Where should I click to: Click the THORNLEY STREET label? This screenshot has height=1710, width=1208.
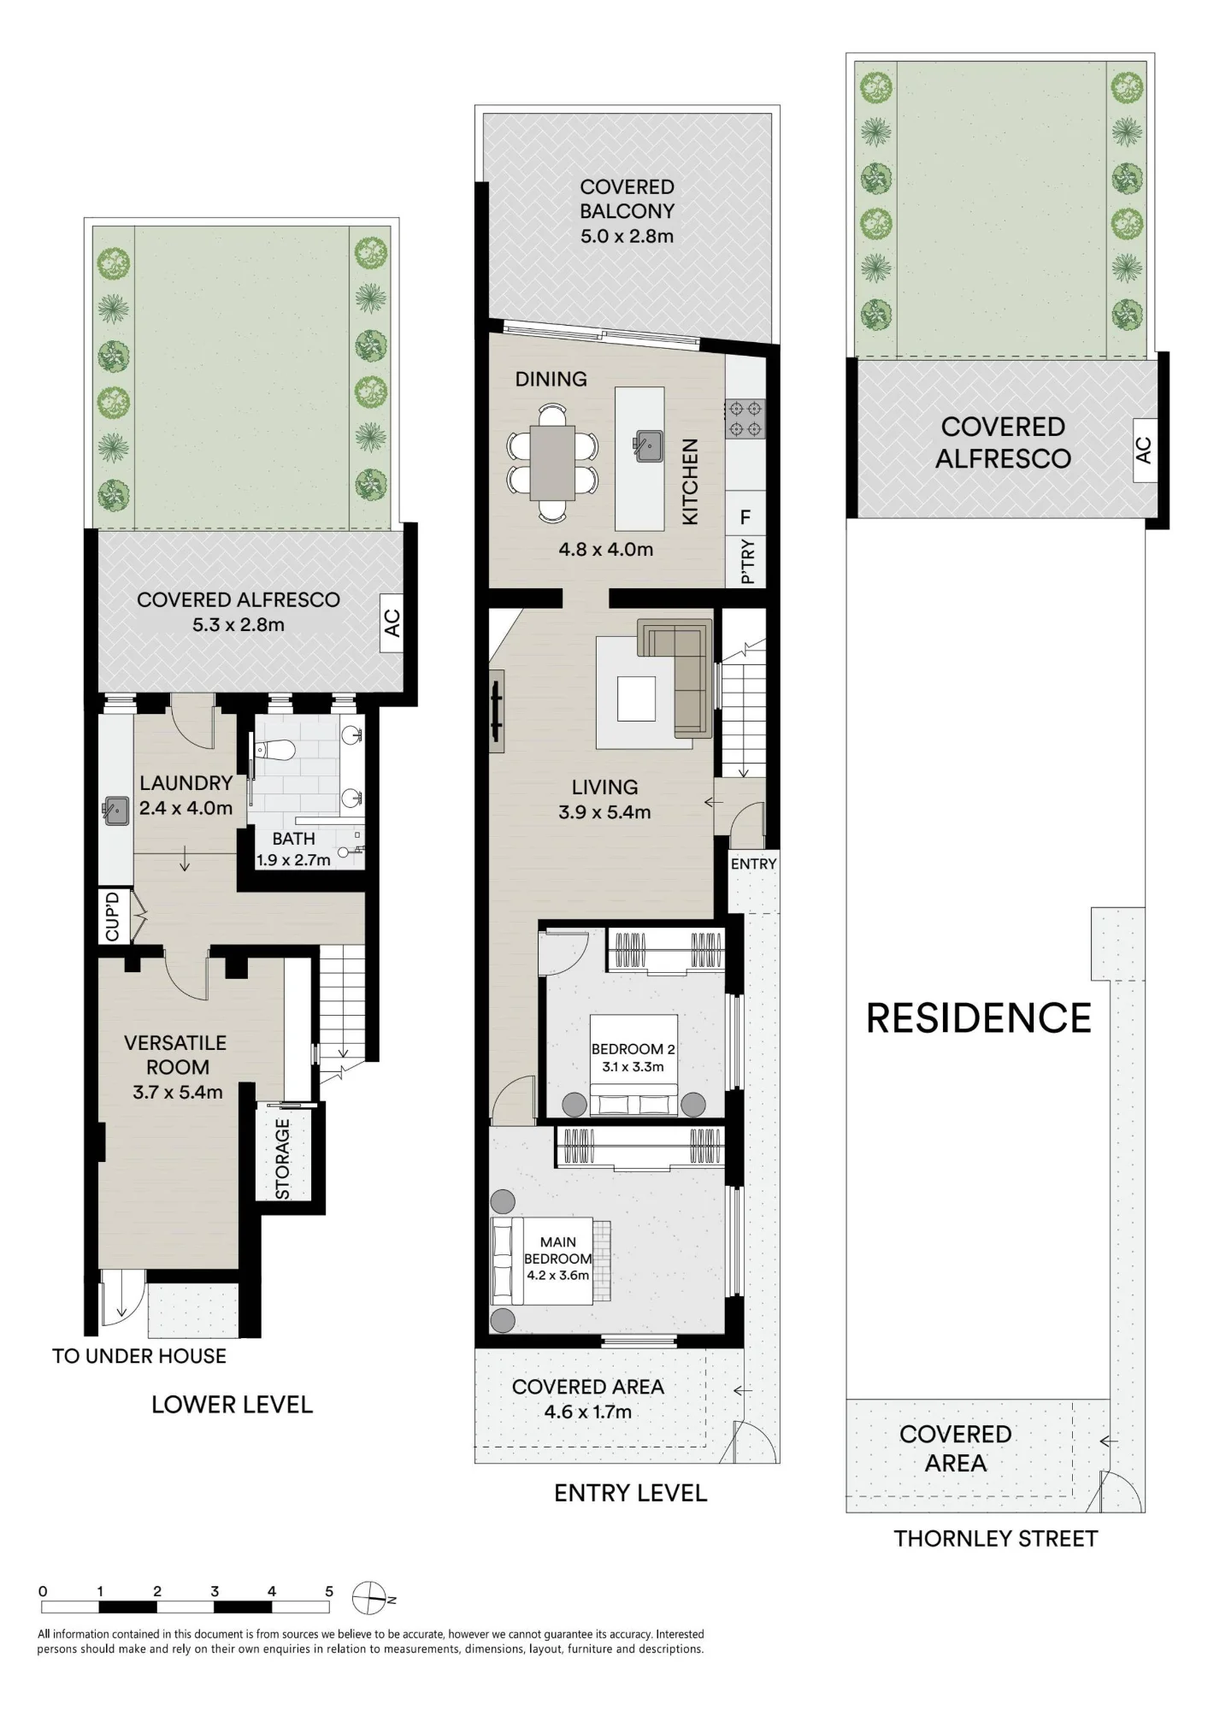coord(995,1540)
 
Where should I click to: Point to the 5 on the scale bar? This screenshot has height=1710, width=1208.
coord(329,1591)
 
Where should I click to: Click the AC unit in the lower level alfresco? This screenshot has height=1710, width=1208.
coord(392,623)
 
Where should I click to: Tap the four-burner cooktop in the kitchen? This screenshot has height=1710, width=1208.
coord(744,419)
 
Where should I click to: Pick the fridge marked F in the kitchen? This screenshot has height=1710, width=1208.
coord(745,516)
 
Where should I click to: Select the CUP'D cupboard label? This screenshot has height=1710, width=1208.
coord(112,917)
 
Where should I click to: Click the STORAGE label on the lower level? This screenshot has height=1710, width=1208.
coord(283,1159)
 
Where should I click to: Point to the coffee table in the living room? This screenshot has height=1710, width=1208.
coord(637,699)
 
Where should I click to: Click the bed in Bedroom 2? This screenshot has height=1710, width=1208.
coord(633,1065)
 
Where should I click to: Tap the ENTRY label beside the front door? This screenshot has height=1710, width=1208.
coord(753,864)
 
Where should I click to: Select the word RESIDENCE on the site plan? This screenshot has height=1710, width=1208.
coord(979,1018)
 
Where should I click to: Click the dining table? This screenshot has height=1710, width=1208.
coord(552,463)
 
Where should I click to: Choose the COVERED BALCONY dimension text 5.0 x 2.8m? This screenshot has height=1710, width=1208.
coord(627,236)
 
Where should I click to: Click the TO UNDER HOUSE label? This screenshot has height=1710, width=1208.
coord(139,1356)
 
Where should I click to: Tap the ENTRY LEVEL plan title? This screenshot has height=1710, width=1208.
coord(631,1494)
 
